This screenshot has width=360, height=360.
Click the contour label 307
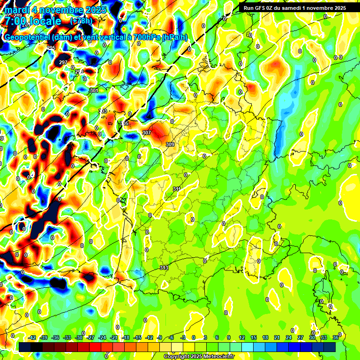(x=147, y=133)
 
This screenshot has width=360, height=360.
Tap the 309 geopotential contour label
(x=170, y=144)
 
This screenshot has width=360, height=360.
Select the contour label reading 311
(x=177, y=189)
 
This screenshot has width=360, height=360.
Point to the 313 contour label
(x=164, y=268)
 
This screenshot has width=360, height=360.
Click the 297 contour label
(x=63, y=62)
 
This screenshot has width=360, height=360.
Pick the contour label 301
(x=94, y=90)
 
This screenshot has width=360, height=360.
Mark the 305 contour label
(x=124, y=123)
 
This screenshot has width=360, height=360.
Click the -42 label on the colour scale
(x=32, y=337)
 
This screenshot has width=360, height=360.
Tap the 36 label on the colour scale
(x=336, y=337)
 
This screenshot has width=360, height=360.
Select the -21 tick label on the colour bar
(x=114, y=337)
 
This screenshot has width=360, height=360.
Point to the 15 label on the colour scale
(x=254, y=337)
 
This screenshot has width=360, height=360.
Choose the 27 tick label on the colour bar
(x=300, y=337)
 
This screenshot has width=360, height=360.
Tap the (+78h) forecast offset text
(x=81, y=21)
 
